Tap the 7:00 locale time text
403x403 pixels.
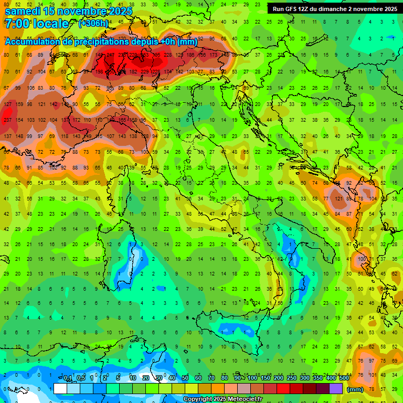click(37, 24)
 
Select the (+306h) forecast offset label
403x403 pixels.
click(93, 24)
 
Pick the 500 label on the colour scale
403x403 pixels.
click(344, 378)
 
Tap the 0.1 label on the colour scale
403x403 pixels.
click(68, 378)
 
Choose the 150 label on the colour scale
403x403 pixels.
click(266, 378)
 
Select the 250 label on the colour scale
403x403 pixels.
click(292, 378)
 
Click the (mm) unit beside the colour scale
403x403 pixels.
click(355, 389)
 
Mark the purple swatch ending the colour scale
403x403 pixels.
click(336, 388)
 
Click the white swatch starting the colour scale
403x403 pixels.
click(60, 388)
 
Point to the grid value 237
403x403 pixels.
click(7, 120)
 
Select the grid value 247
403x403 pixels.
click(110, 55)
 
